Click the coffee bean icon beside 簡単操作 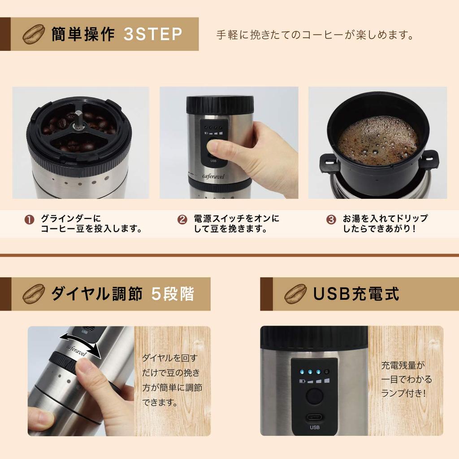(34, 34)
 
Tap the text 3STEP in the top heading (153, 35)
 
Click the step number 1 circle (29, 220)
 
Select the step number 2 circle (182, 220)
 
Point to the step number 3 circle (331, 220)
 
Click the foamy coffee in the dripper (377, 140)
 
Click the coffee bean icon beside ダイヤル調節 (34, 294)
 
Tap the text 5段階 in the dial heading (173, 294)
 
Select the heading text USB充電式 (355, 294)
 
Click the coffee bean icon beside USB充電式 (295, 294)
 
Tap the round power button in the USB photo (314, 397)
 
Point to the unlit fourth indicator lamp (327, 372)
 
